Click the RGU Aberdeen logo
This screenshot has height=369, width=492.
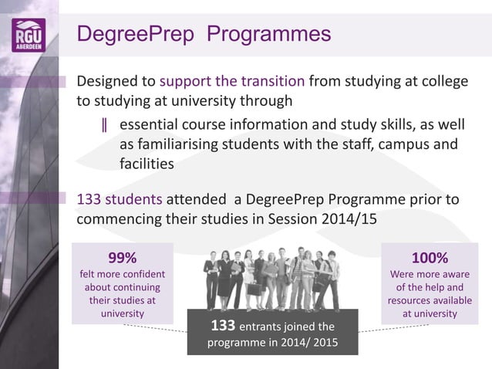click(29, 35)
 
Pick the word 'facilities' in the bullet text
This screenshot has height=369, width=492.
click(147, 163)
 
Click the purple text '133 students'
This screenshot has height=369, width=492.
click(120, 199)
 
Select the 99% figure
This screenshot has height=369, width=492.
click(122, 257)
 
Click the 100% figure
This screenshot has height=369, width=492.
click(430, 257)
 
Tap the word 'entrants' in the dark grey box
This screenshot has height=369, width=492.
click(269, 326)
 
